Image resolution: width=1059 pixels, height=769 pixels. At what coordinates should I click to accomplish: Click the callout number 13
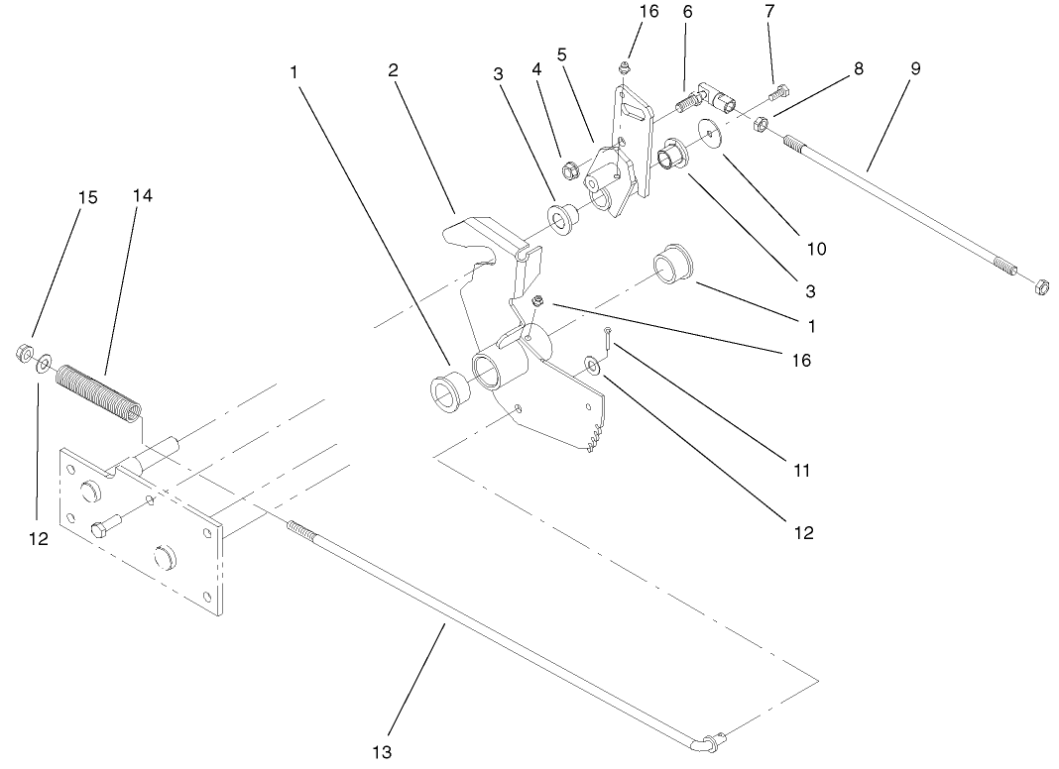click(x=383, y=751)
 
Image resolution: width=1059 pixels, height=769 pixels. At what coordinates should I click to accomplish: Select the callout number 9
click(x=915, y=68)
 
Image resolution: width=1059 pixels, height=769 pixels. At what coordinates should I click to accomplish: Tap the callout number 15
click(x=88, y=197)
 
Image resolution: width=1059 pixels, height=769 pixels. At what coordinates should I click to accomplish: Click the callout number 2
click(x=393, y=70)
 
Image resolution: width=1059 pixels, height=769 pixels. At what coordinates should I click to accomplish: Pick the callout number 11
click(x=802, y=470)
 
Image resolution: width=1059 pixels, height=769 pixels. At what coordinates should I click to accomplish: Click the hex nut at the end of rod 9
click(x=1041, y=287)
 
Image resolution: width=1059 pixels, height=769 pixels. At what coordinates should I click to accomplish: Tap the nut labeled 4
click(x=571, y=170)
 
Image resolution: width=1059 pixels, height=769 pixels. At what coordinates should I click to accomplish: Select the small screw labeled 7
click(x=778, y=93)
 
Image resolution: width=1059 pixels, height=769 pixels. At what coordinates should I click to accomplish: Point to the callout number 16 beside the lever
click(x=802, y=360)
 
